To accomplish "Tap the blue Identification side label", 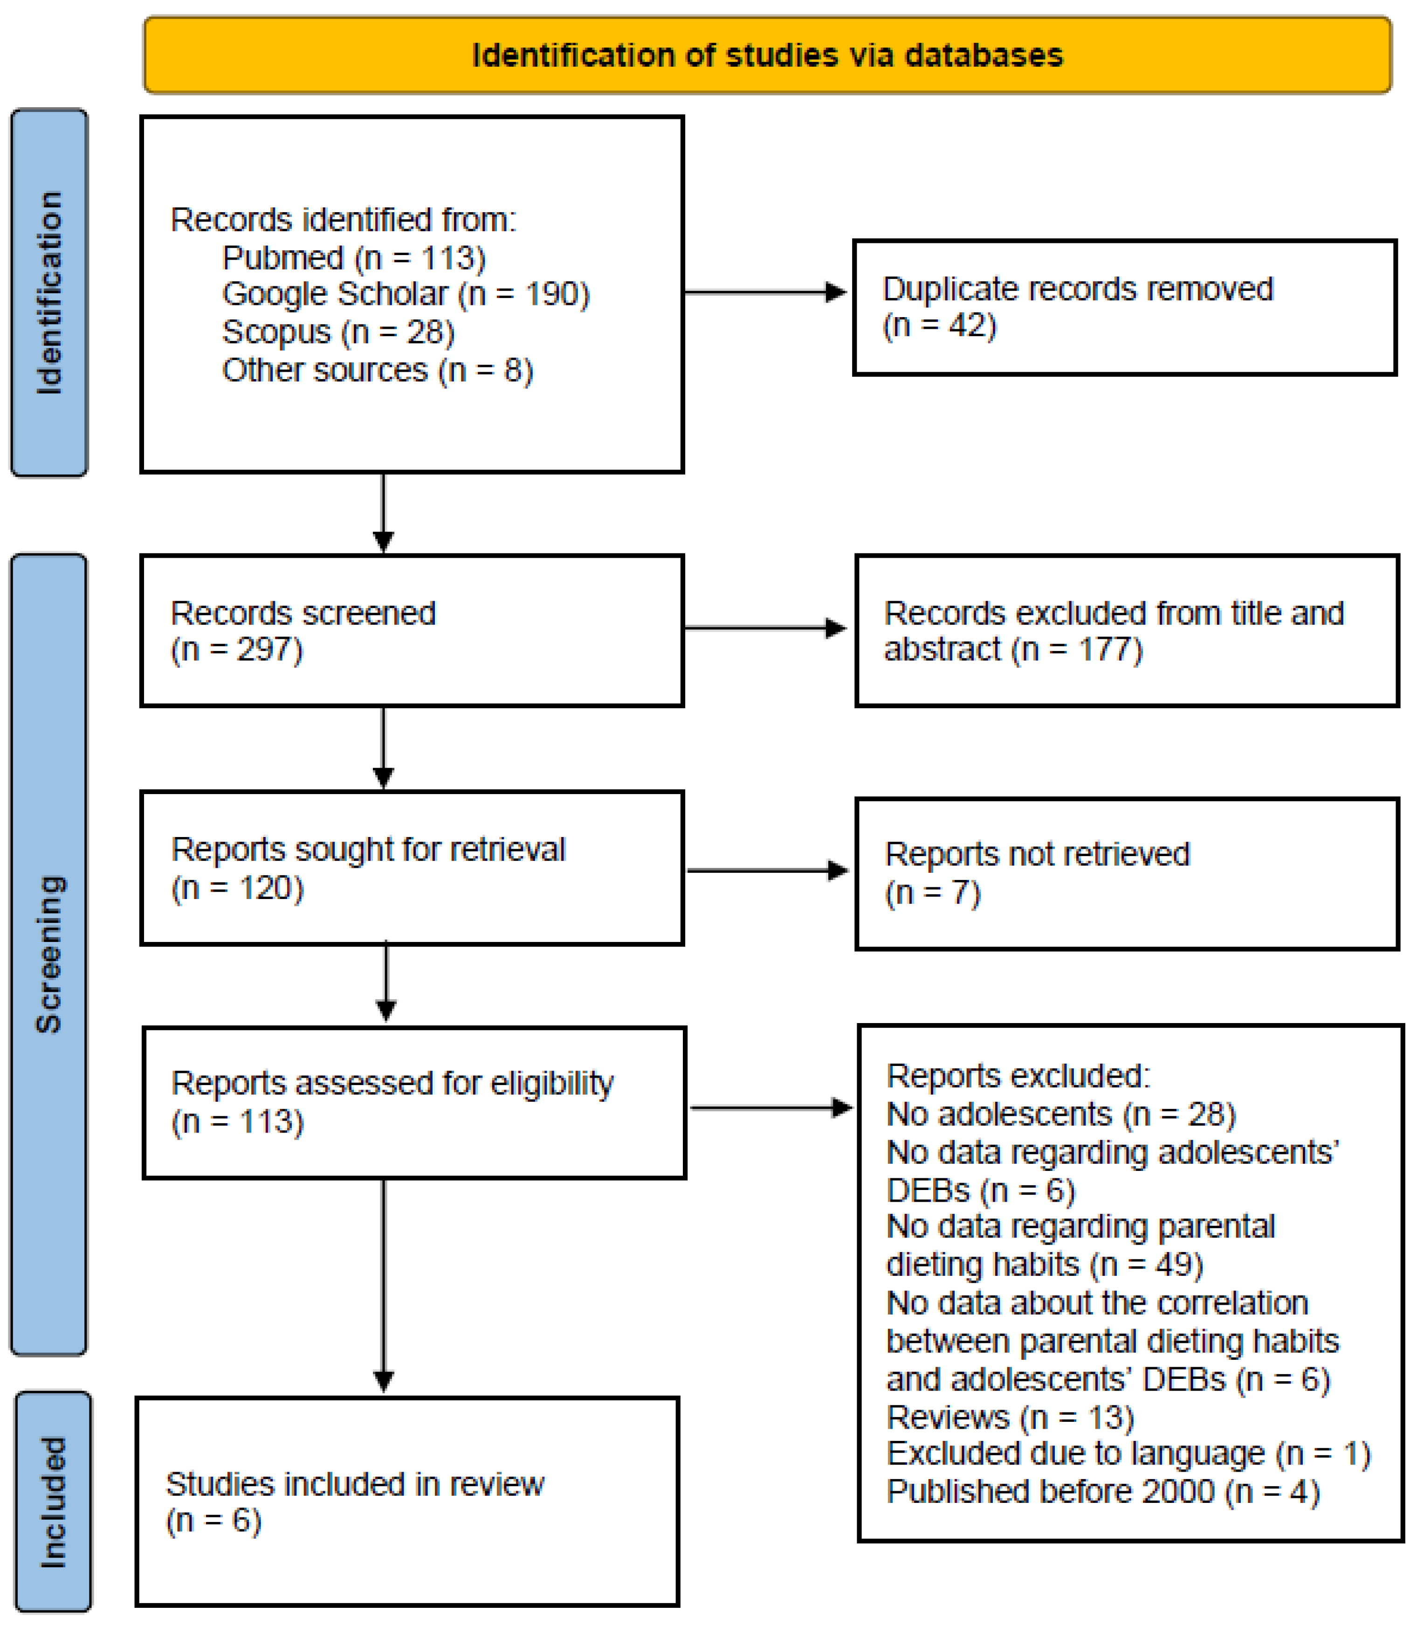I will point(49,293).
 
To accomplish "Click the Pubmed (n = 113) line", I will point(353,258).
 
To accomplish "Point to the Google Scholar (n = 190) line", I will point(406,294).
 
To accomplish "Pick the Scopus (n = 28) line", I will point(338,332).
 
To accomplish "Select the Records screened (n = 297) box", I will point(411,630).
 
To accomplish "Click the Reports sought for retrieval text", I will point(369,850).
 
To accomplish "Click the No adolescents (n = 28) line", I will point(1060,1114).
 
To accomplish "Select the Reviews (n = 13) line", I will point(1011,1417).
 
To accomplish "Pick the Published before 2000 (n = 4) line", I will point(1103,1492).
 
